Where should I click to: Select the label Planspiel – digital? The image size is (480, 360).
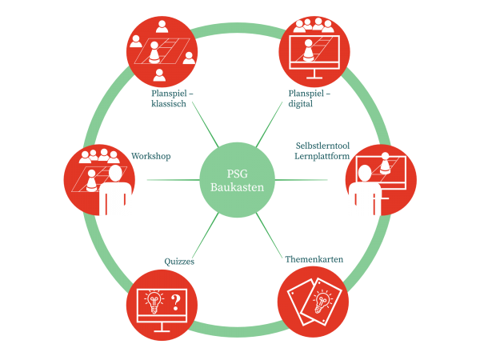[310, 98]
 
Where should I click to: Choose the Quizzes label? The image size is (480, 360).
[180, 261]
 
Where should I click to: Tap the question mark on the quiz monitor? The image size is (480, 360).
[175, 302]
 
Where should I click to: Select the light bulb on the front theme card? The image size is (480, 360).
[323, 302]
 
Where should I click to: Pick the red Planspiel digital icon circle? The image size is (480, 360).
[314, 50]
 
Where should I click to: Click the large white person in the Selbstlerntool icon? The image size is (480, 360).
[365, 192]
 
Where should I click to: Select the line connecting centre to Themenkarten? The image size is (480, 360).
[276, 233]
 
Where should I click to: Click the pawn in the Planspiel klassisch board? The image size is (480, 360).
[154, 54]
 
